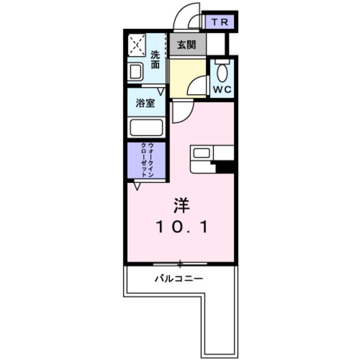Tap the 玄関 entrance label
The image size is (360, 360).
[186, 46]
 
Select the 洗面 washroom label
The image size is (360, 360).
[155, 60]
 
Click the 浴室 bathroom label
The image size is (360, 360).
[146, 104]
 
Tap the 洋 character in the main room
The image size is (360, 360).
[181, 206]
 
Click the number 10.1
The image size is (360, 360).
[182, 228]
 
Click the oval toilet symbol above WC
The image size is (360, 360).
[222, 73]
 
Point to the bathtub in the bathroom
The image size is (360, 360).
[146, 128]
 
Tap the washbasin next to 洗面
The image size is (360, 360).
[136, 72]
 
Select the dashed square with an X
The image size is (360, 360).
[137, 44]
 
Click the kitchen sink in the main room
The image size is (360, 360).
[200, 152]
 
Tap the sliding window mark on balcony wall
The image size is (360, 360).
[180, 263]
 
